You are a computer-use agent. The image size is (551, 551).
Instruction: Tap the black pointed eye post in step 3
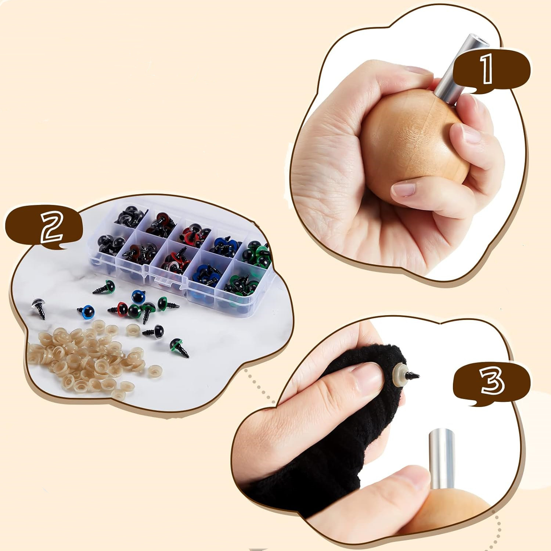412,375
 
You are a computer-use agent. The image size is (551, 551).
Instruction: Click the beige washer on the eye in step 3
398,376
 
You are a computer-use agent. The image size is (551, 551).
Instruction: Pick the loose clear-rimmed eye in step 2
39,308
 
